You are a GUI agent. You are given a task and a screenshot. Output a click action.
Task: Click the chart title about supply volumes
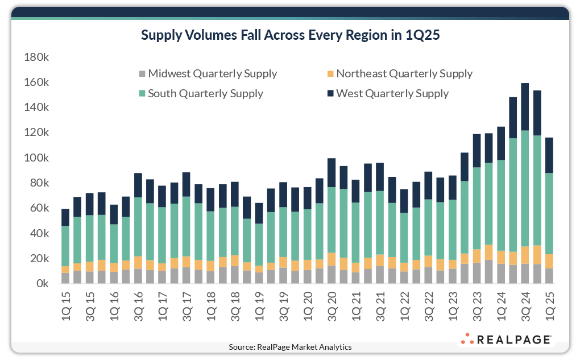tap(290, 35)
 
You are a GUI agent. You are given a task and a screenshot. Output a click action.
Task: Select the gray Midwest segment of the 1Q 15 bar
tap(66, 278)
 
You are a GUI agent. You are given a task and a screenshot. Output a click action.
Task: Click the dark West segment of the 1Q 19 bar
tap(259, 213)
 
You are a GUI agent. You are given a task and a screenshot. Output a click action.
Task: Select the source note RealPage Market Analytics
tap(290, 347)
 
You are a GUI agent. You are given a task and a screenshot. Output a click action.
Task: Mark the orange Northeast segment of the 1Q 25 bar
tap(550, 261)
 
